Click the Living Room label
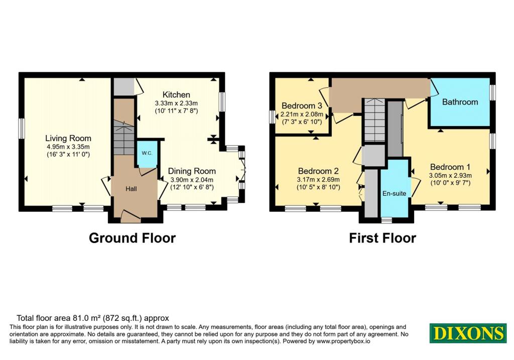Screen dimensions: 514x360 pos(68,139)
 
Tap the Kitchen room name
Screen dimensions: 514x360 pos(176,95)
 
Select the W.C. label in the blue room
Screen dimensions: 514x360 pos(147,153)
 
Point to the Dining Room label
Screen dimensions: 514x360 pos(192,171)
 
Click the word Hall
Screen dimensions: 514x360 pos(131,189)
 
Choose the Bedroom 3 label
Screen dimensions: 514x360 pos(302,105)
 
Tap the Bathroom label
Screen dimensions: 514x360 pos(460,102)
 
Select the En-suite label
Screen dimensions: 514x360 pos(395,193)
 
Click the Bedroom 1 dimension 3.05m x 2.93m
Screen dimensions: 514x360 pos(450,175)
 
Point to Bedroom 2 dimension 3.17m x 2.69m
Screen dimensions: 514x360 pos(318,180)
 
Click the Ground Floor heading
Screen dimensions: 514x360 pos(132,238)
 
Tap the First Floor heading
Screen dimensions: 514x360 pos(382,238)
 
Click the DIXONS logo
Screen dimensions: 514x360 pos(468,333)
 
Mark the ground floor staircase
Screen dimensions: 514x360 pos(124,137)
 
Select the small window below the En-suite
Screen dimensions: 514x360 pos(387,220)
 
